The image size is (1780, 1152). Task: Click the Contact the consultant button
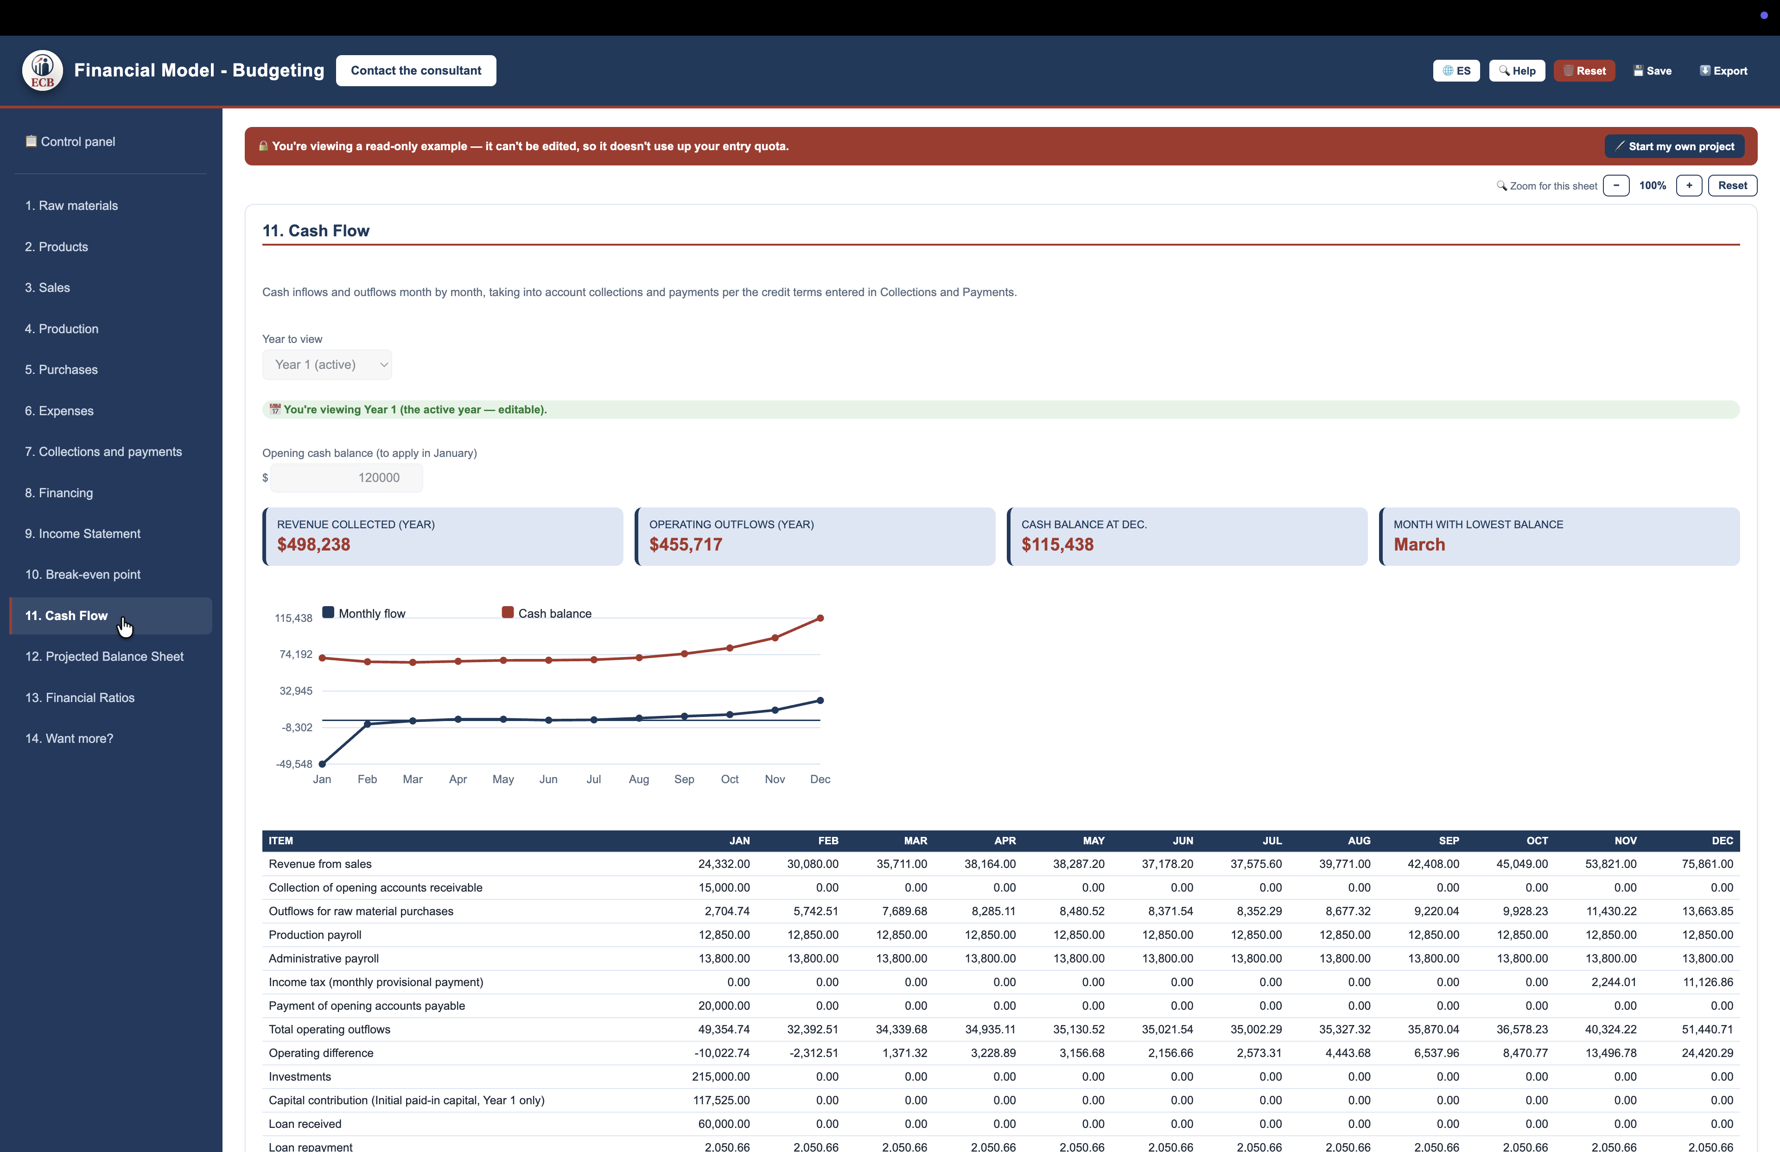point(416,70)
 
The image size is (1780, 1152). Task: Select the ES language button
point(1456,71)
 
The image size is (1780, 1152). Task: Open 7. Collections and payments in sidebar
point(103,451)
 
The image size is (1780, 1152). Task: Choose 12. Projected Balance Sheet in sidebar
point(104,656)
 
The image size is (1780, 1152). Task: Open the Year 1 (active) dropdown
point(327,365)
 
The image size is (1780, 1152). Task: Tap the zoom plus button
point(1688,185)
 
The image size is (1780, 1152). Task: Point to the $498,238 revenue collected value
point(313,544)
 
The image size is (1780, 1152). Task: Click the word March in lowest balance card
point(1419,544)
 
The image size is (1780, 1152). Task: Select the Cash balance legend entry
point(547,613)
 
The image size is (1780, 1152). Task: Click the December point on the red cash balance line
point(820,618)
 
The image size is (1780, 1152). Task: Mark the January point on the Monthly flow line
point(322,763)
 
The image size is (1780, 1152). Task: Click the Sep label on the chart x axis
point(684,779)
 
